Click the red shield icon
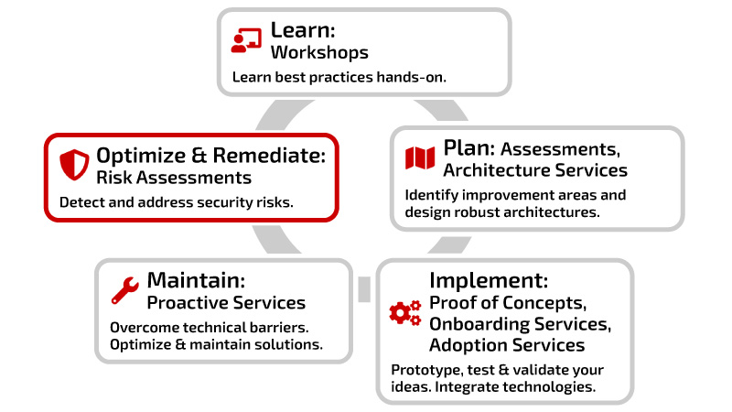(74, 165)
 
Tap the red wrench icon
(124, 290)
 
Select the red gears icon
(405, 313)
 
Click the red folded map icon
(420, 157)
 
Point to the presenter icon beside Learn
(246, 40)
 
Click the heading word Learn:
(303, 30)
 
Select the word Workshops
(319, 52)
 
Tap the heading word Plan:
(469, 148)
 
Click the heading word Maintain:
(196, 280)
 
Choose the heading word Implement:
(489, 281)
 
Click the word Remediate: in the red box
(269, 155)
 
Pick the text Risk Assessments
(174, 178)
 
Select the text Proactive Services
(226, 303)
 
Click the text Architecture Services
(535, 170)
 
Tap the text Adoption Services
(507, 345)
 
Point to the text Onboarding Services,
(520, 324)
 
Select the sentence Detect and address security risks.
(177, 202)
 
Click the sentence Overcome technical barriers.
(210, 328)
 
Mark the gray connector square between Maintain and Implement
(364, 289)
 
